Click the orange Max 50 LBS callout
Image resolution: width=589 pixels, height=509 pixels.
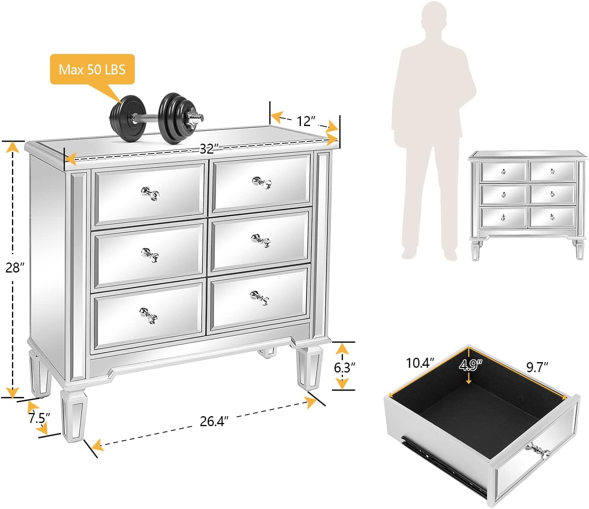tap(92, 69)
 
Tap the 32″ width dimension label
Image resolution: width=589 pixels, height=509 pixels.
tap(209, 149)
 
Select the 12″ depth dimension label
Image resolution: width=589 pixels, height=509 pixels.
tap(307, 121)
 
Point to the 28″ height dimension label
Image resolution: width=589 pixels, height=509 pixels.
tap(15, 268)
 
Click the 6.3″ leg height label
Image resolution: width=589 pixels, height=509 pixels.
tap(345, 368)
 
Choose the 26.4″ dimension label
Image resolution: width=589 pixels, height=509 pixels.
tap(214, 421)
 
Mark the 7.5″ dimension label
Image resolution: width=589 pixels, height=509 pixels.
tap(39, 418)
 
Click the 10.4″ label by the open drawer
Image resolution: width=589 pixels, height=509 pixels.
tap(420, 363)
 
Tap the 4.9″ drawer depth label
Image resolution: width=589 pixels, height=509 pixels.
tap(471, 365)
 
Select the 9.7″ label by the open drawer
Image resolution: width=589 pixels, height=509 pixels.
tap(537, 367)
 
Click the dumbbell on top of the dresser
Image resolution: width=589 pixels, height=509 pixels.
tap(157, 118)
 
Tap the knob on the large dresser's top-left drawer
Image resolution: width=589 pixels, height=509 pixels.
tap(150, 194)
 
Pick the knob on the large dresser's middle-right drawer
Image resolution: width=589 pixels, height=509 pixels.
tap(261, 241)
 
